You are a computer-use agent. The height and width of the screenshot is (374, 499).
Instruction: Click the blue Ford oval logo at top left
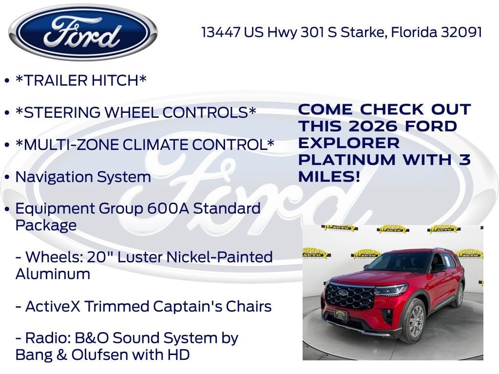point(83,32)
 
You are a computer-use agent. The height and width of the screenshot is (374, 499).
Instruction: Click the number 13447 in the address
point(221,32)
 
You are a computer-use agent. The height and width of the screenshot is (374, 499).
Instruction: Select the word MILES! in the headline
point(329,176)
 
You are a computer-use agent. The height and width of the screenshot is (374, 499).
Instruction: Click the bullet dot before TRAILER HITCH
point(7,80)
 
